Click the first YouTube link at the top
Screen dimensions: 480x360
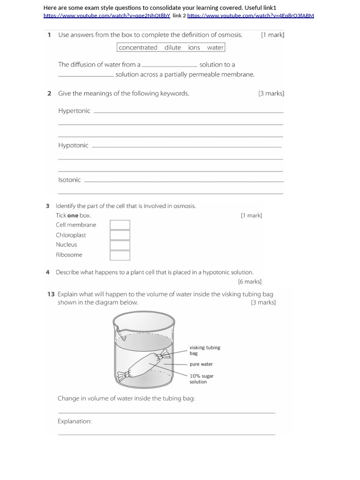(x=107, y=15)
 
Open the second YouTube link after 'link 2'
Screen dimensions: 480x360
(x=250, y=15)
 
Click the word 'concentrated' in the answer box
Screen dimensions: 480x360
(x=138, y=47)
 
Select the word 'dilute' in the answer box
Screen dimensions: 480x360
(x=172, y=47)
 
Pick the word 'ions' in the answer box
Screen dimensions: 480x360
(x=194, y=47)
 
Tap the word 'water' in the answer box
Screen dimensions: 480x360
(x=215, y=47)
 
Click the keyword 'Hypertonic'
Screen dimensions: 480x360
(x=74, y=111)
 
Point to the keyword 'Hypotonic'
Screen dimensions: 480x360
(x=73, y=145)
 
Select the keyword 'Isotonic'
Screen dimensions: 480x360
(x=69, y=180)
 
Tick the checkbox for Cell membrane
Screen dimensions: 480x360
(x=120, y=225)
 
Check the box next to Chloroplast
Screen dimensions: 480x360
(x=120, y=235)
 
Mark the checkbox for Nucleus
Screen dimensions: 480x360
(x=120, y=245)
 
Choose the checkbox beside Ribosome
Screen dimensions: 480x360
(x=120, y=255)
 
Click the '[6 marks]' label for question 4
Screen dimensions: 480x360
(x=249, y=282)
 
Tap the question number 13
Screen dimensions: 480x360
(x=51, y=294)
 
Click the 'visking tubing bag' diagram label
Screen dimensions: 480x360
(x=204, y=350)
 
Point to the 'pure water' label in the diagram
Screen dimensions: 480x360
(x=201, y=364)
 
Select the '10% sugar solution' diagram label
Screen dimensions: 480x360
(x=202, y=379)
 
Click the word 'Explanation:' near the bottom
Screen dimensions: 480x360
(x=75, y=421)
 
